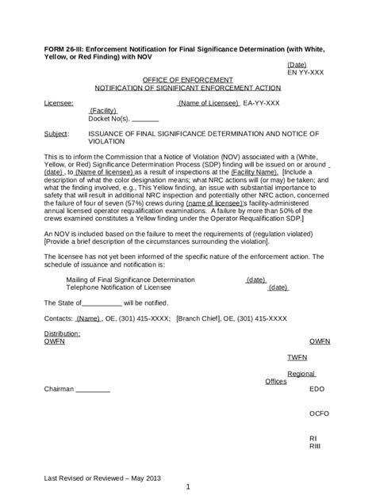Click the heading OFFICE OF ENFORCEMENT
(x=187, y=80)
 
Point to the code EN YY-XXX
(x=305, y=71)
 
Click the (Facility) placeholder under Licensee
(x=103, y=111)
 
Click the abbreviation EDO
(x=317, y=390)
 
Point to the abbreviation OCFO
(x=320, y=413)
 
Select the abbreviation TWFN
(x=297, y=357)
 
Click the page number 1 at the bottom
(x=188, y=486)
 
